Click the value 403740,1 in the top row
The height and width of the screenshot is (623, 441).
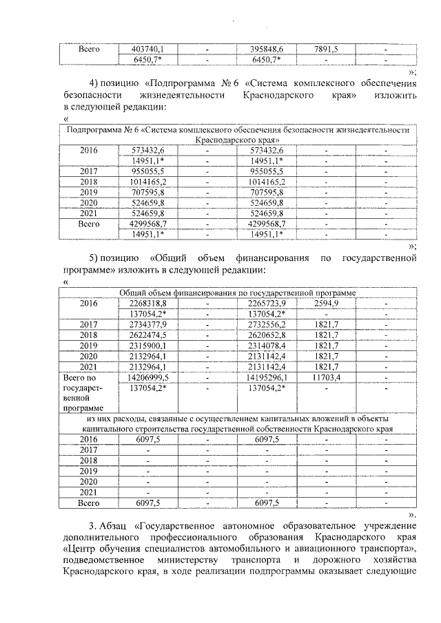pos(146,49)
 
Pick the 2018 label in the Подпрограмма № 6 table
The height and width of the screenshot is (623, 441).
pos(89,181)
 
